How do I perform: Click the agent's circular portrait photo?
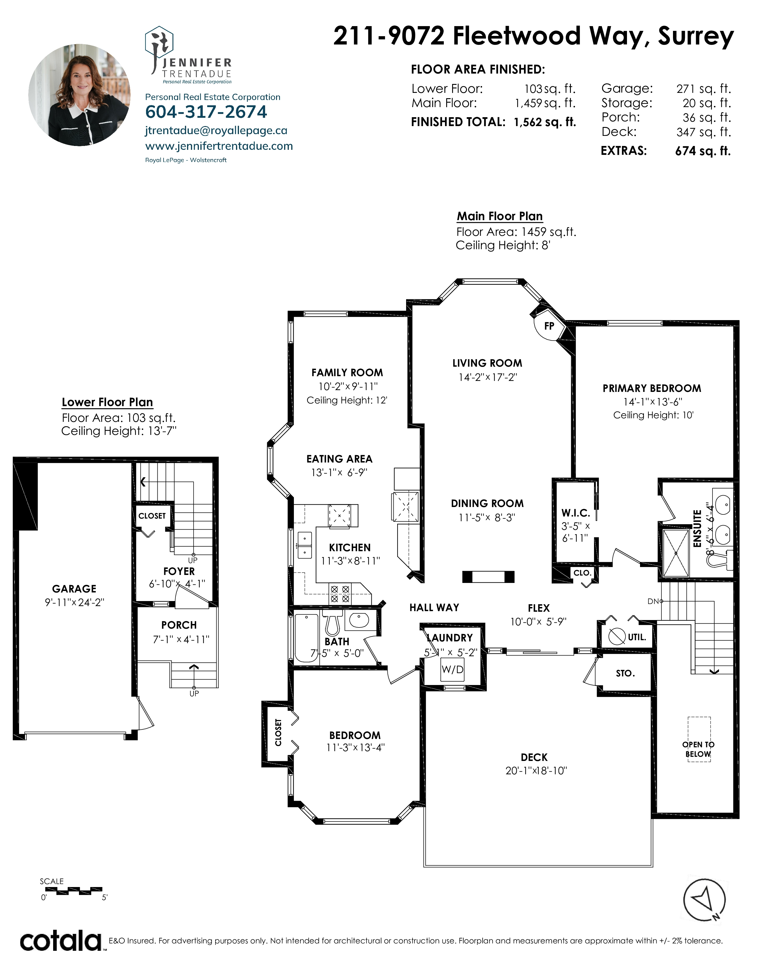click(79, 95)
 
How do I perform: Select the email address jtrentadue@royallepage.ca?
click(216, 131)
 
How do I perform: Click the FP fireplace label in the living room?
click(549, 326)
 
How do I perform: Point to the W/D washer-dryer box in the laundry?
click(452, 669)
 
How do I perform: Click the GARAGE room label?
click(74, 589)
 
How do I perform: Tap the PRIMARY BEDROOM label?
click(652, 388)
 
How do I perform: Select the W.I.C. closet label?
click(575, 513)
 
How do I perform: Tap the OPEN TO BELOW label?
click(698, 749)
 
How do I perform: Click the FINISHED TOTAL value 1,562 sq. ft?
click(544, 122)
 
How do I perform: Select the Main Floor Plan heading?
click(500, 216)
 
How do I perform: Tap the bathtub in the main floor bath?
click(306, 638)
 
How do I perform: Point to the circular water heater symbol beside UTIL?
click(617, 636)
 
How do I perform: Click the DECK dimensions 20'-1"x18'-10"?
click(536, 770)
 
